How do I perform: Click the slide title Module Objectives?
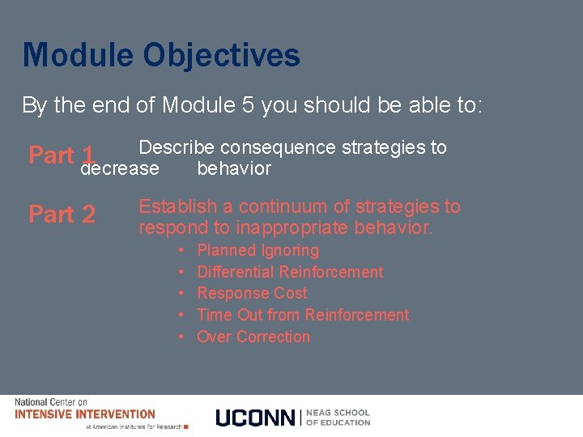[161, 56]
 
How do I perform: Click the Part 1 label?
[62, 155]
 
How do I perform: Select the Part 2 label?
[62, 214]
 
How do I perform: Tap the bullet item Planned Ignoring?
[257, 251]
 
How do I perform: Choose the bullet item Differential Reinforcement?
[290, 272]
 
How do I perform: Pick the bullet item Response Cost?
[252, 293]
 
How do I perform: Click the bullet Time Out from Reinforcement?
[303, 315]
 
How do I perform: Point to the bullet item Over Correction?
[253, 337]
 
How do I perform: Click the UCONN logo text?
[255, 418]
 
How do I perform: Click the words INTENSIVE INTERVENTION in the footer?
[85, 414]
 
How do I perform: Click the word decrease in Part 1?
[120, 168]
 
